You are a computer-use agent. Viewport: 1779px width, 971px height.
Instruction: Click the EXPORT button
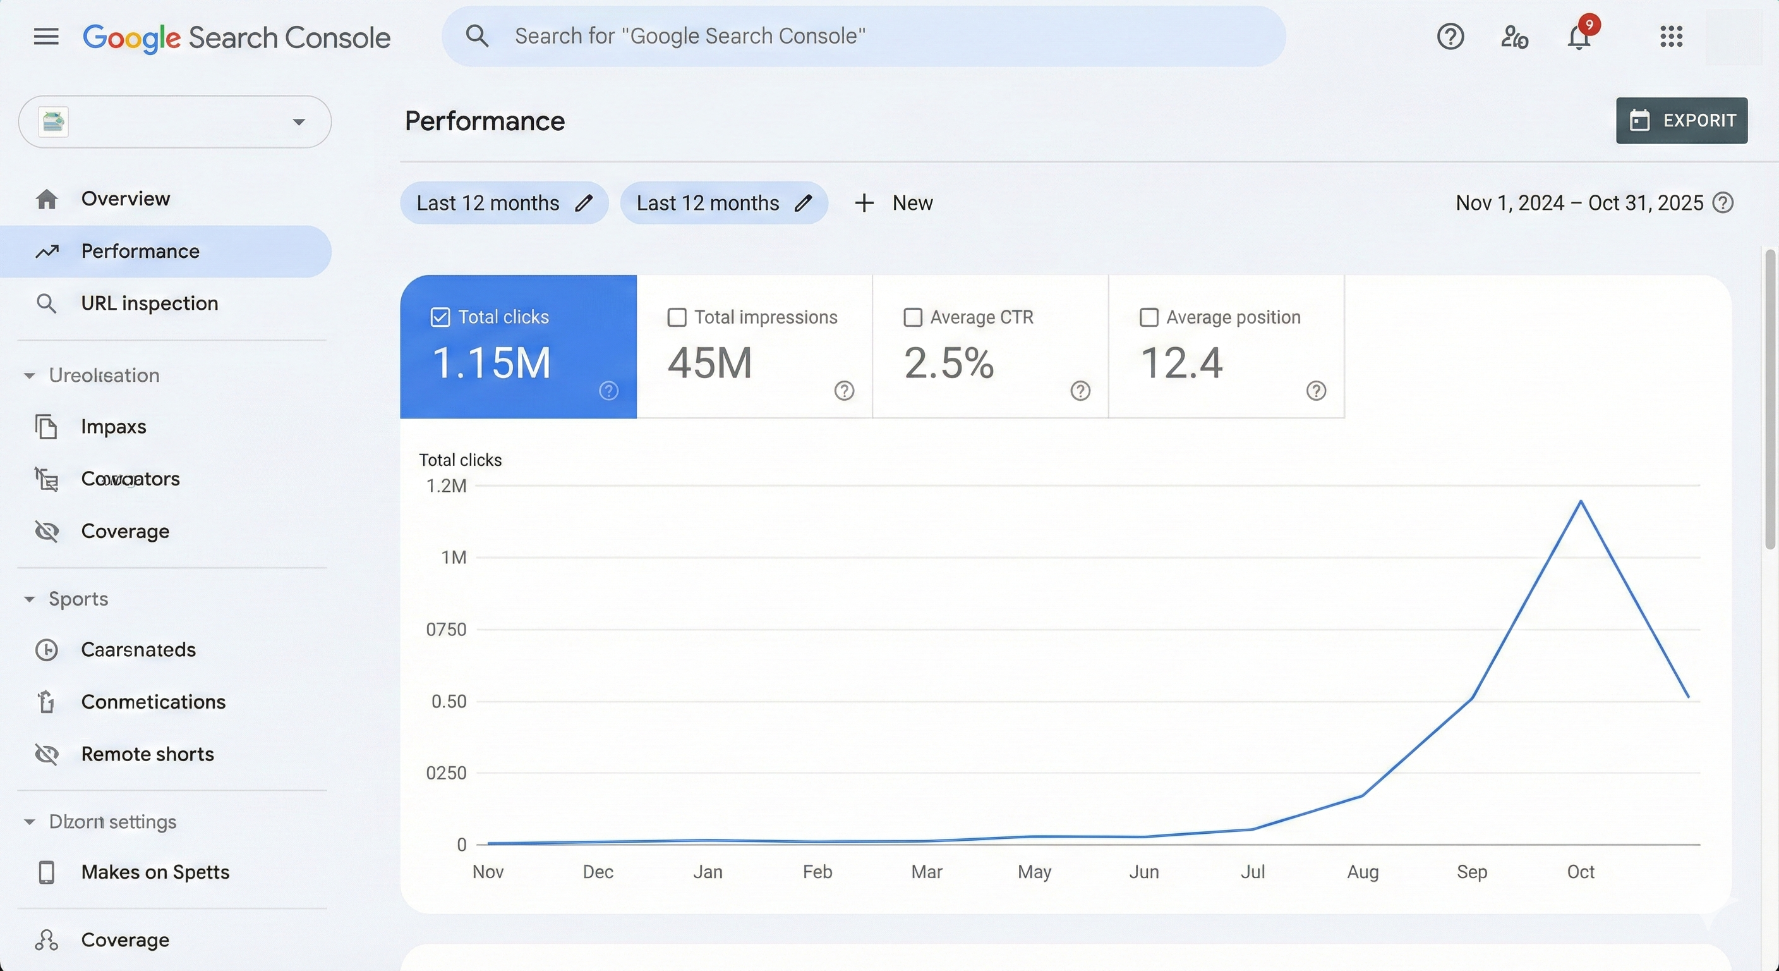pos(1681,120)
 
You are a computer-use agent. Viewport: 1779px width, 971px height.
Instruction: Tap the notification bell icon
pos(1579,37)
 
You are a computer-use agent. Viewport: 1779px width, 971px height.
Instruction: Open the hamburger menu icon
pos(46,37)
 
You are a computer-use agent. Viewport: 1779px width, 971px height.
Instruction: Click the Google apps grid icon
pos(1670,37)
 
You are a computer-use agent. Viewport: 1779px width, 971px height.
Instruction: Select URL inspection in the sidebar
pos(149,303)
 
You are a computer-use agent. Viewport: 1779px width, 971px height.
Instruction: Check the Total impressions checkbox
pos(677,317)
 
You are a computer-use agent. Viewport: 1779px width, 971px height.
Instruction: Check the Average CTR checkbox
pos(913,317)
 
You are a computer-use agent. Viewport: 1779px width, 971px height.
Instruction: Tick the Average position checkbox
pos(1149,317)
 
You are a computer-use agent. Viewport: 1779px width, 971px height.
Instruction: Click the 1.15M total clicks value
pos(491,363)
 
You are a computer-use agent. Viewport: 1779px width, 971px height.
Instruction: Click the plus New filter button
pos(894,203)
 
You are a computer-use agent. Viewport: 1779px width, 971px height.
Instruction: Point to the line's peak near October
pos(1581,501)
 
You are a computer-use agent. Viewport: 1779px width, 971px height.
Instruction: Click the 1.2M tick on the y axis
pos(446,486)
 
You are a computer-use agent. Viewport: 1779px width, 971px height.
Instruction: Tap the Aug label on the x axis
pos(1363,872)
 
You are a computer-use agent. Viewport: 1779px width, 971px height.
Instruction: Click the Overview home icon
pos(46,199)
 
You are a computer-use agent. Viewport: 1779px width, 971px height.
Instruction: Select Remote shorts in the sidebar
pos(147,754)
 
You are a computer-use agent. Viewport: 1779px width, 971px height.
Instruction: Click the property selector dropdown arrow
pos(298,123)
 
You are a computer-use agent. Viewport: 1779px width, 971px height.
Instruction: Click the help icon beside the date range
pos(1723,203)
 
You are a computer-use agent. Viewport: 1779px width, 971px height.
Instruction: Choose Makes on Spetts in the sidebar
pos(155,872)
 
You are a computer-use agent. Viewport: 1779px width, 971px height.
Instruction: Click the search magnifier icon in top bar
pos(477,36)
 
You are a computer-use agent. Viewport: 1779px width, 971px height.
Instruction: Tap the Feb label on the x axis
pos(817,872)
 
